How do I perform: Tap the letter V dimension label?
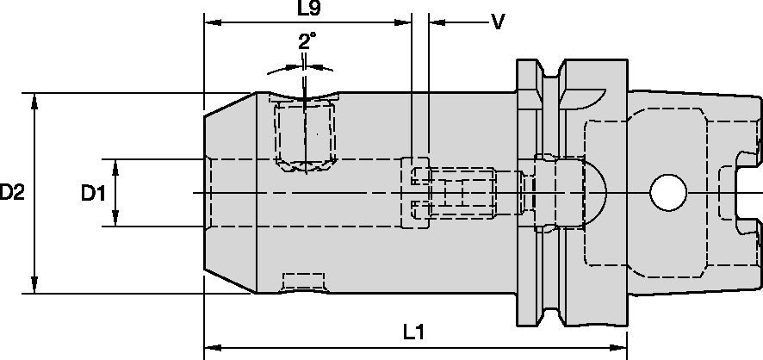pos(497,22)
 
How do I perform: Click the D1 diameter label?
pos(93,194)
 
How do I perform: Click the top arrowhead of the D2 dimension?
pos(34,99)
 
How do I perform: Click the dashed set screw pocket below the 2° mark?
pos(304,134)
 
